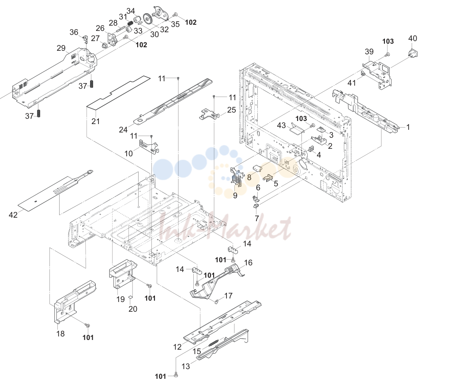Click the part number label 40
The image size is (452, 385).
pyautogui.click(x=413, y=38)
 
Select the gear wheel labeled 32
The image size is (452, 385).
pyautogui.click(x=148, y=19)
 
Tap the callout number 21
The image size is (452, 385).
pyautogui.click(x=95, y=121)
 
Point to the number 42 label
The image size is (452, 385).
pyautogui.click(x=13, y=215)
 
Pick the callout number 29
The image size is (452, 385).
pyautogui.click(x=61, y=48)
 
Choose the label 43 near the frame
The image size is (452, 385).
pyautogui.click(x=281, y=125)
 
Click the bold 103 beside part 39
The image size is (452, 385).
pyautogui.click(x=388, y=41)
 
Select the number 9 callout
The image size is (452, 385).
pyautogui.click(x=235, y=196)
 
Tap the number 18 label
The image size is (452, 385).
pyautogui.click(x=60, y=334)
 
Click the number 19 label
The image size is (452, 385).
pyautogui.click(x=121, y=299)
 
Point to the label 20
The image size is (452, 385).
pyautogui.click(x=132, y=309)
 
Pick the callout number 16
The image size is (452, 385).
pyautogui.click(x=248, y=263)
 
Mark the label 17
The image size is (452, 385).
pyautogui.click(x=228, y=296)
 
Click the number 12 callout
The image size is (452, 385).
pyautogui.click(x=177, y=347)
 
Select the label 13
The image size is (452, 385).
pyautogui.click(x=186, y=366)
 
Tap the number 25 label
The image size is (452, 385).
pyautogui.click(x=231, y=110)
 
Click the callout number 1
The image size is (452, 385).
pyautogui.click(x=408, y=127)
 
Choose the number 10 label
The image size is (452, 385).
pyautogui.click(x=128, y=153)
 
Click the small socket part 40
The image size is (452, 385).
pyautogui.click(x=413, y=53)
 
